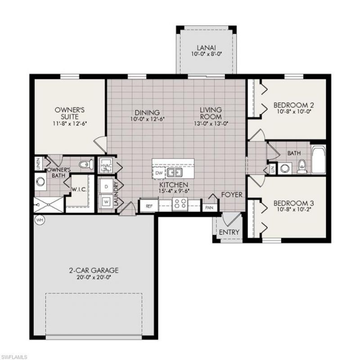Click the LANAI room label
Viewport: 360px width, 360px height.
(207, 48)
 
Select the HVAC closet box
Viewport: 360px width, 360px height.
(106, 166)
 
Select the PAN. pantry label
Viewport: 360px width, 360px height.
(209, 207)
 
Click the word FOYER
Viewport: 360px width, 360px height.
(232, 195)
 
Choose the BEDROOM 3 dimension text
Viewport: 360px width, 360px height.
(294, 210)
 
